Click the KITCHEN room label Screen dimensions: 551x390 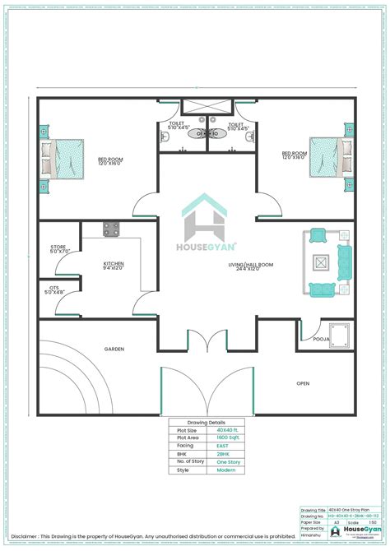(114, 263)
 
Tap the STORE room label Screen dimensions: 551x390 (58, 246)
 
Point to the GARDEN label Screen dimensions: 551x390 (114, 350)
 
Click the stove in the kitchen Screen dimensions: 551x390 (111, 228)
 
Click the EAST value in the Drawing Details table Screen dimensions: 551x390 (222, 445)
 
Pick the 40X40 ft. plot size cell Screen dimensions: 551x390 (222, 429)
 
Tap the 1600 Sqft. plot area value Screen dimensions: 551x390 (222, 437)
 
